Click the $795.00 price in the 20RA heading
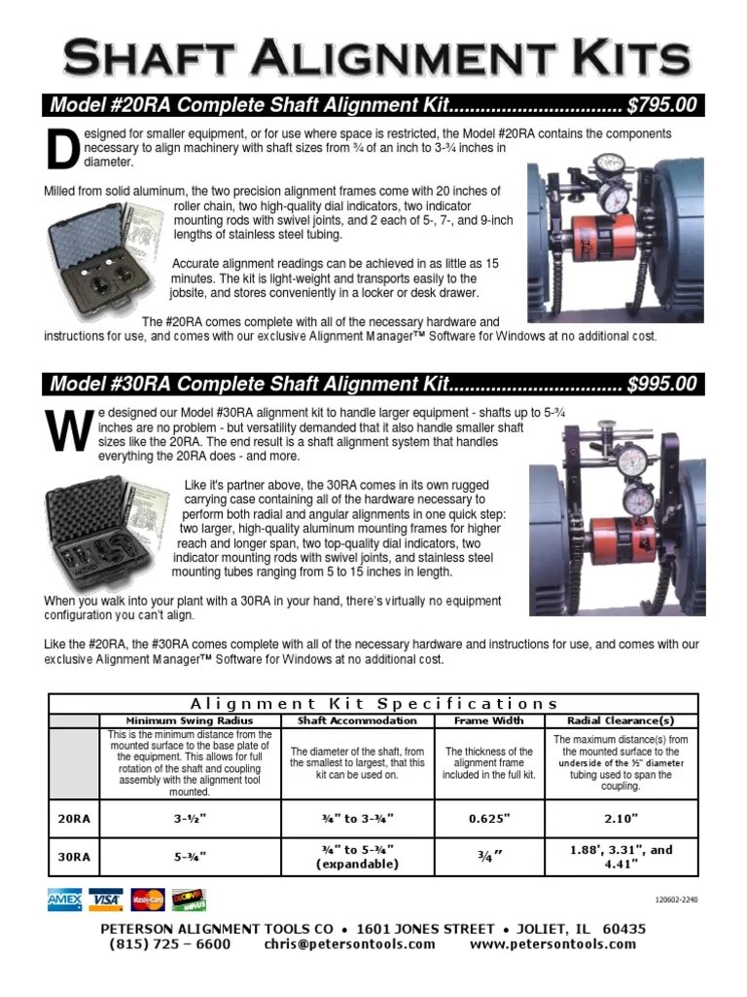[x=660, y=105]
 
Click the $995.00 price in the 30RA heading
[x=660, y=384]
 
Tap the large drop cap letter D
[x=62, y=149]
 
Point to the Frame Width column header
[x=488, y=720]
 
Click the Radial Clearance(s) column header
[x=620, y=720]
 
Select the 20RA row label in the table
[x=73, y=819]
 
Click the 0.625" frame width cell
[x=488, y=819]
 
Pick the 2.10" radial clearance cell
[x=620, y=819]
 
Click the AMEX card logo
[x=64, y=900]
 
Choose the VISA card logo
[x=105, y=900]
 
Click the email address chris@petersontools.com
[x=349, y=943]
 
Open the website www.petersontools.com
[x=552, y=943]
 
